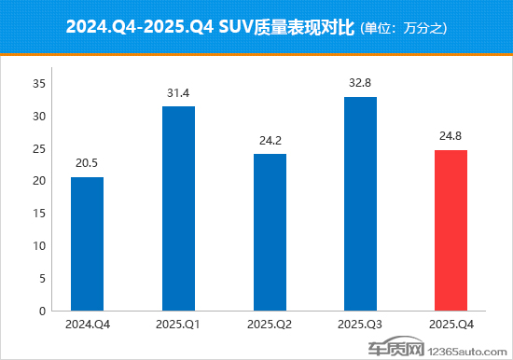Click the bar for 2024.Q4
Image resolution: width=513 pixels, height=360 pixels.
point(87,243)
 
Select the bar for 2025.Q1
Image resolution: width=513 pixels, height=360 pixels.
point(178,208)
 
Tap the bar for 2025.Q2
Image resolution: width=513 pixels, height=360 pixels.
point(270,231)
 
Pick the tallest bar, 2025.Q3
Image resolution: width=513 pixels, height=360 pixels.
point(360,203)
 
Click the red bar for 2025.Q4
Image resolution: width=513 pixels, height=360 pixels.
point(451,229)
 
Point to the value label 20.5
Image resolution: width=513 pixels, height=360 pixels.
point(87,162)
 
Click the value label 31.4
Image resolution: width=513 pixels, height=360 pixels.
point(178,91)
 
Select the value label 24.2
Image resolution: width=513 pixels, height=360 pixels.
point(270,139)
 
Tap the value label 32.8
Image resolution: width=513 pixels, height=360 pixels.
point(360,82)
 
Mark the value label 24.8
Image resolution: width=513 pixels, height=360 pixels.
point(451,135)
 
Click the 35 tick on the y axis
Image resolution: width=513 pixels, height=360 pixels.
point(39,84)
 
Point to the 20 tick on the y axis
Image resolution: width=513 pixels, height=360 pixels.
point(39,181)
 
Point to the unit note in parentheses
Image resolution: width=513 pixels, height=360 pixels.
point(404,29)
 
